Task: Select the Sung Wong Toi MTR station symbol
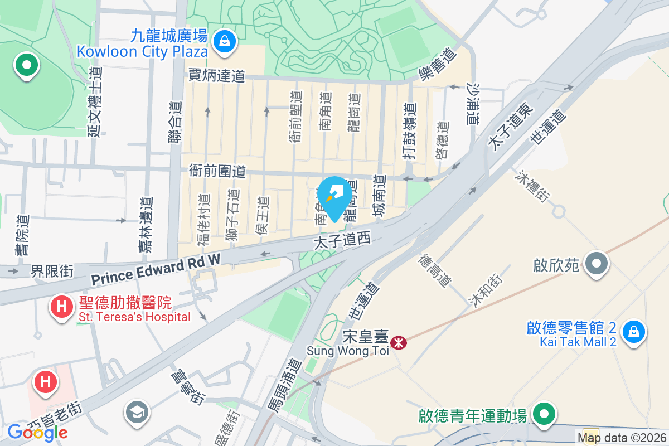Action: click(x=399, y=343)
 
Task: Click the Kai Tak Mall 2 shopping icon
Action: click(x=634, y=332)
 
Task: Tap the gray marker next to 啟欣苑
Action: click(x=597, y=263)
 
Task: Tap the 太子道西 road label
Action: click(x=342, y=241)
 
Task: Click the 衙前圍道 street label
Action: click(x=217, y=171)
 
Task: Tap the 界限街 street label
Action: click(x=52, y=272)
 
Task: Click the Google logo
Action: click(x=37, y=432)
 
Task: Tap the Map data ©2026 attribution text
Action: click(x=622, y=438)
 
